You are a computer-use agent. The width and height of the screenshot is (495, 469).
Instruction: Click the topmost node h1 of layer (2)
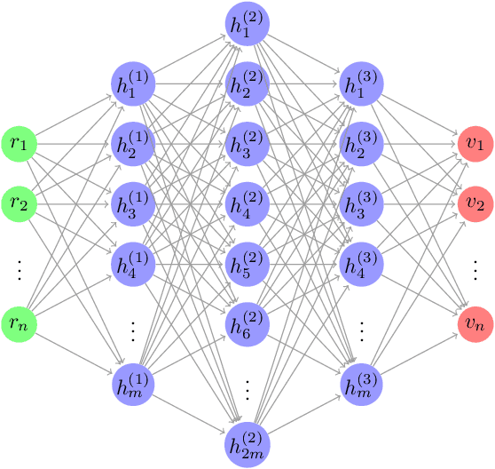coord(247,24)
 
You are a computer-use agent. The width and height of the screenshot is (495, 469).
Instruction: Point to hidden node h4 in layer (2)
coord(247,203)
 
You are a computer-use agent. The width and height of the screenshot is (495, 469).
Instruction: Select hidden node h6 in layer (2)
coord(247,324)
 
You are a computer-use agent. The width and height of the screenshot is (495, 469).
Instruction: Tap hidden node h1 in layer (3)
coord(361,84)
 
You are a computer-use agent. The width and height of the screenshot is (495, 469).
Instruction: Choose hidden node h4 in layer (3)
coord(361,264)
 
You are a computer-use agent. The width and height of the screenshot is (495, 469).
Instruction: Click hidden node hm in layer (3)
coord(361,385)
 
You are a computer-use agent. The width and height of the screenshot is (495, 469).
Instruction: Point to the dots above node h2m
coord(247,386)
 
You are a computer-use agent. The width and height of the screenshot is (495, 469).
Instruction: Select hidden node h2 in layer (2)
coord(247,84)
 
